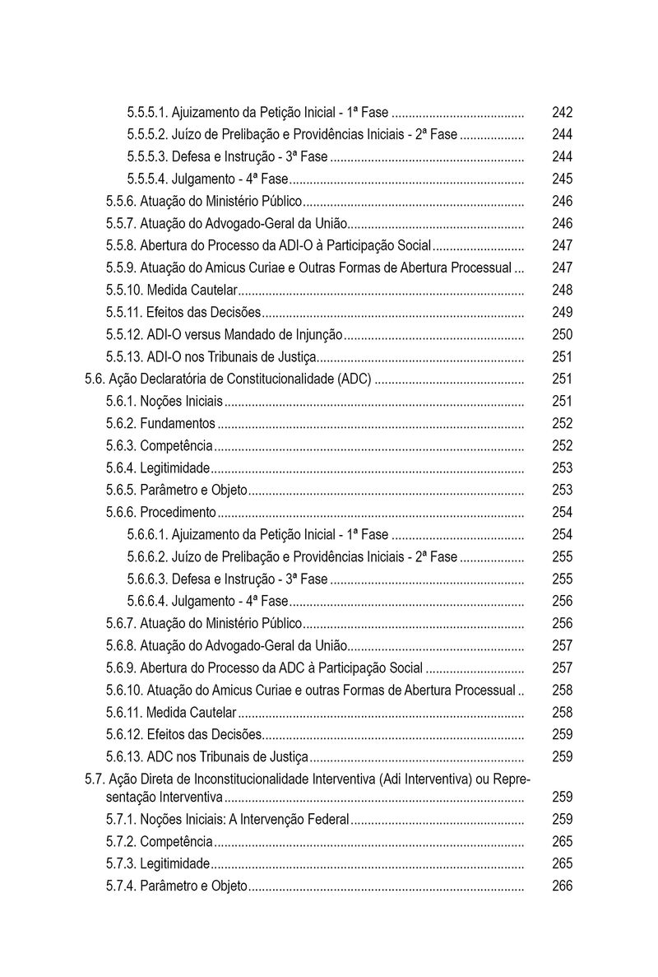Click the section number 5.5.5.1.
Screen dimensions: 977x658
(x=148, y=113)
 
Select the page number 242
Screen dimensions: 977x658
(x=563, y=113)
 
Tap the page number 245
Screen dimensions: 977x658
(x=563, y=179)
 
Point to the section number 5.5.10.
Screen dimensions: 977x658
(x=124, y=291)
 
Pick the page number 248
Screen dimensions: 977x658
(x=563, y=291)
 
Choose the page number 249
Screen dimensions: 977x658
(x=563, y=313)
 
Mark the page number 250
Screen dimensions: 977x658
(x=563, y=335)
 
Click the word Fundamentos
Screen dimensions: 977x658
(x=178, y=424)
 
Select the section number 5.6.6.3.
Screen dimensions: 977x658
(x=148, y=579)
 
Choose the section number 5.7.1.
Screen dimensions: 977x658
(x=121, y=820)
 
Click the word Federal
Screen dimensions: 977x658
(x=330, y=820)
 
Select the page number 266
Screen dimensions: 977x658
(x=563, y=886)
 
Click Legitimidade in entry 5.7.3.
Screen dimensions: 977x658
(x=174, y=864)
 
